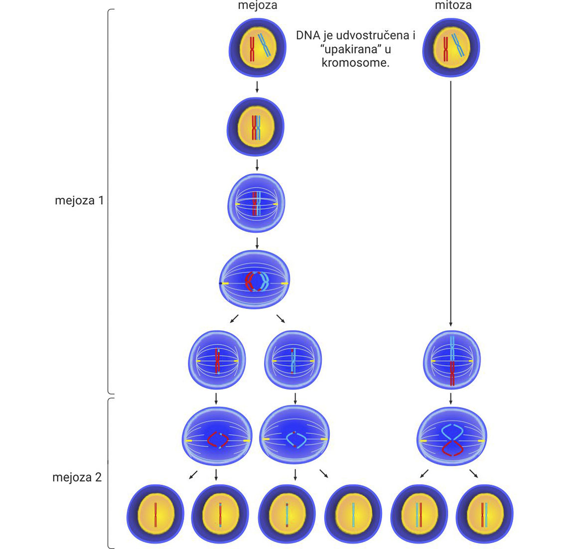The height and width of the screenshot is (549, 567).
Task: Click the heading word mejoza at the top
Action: click(x=257, y=6)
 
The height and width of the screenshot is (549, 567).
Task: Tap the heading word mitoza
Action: click(x=453, y=6)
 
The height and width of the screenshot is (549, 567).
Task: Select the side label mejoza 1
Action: click(x=79, y=201)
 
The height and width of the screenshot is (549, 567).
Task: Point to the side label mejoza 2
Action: click(x=77, y=477)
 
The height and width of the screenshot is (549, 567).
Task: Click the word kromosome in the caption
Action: click(x=355, y=63)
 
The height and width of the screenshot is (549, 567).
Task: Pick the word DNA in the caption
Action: click(x=307, y=36)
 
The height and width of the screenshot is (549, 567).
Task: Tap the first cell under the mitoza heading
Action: click(x=451, y=47)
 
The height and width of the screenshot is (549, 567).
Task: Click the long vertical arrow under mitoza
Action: click(x=451, y=200)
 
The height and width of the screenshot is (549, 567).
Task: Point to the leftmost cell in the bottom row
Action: click(x=155, y=514)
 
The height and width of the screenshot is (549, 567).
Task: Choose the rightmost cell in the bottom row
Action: click(x=485, y=514)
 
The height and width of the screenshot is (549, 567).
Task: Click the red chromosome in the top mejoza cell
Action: click(x=252, y=49)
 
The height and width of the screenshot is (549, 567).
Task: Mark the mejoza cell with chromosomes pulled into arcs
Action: click(x=255, y=280)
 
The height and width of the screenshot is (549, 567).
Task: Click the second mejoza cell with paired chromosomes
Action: click(x=256, y=127)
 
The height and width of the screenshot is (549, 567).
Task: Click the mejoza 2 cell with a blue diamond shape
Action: click(x=295, y=437)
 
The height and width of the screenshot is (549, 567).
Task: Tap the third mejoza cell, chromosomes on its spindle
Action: click(x=257, y=203)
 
